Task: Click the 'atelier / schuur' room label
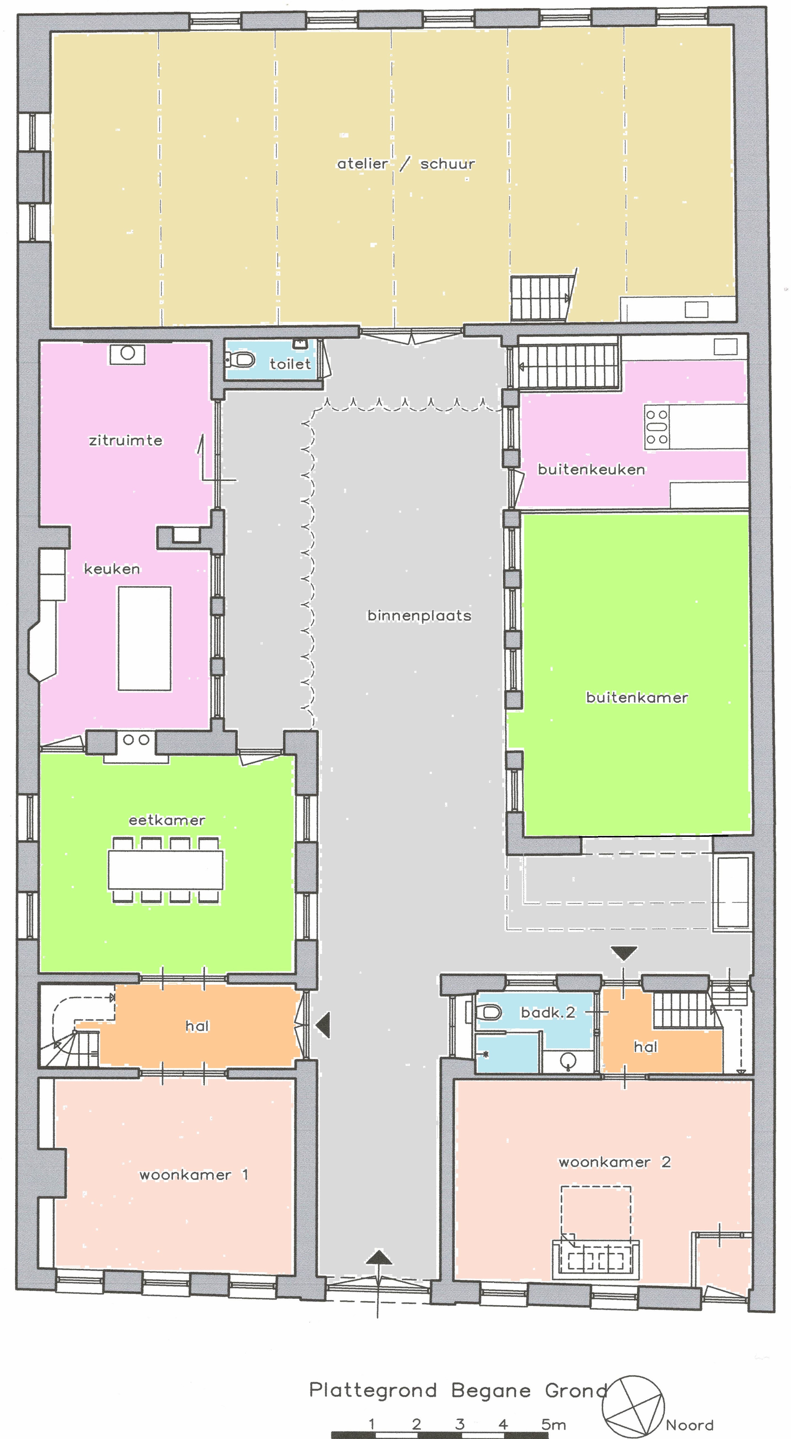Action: (406, 164)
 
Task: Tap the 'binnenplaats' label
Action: (419, 616)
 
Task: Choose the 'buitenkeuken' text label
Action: (591, 469)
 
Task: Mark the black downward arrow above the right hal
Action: (624, 953)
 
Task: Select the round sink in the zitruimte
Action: (127, 353)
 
